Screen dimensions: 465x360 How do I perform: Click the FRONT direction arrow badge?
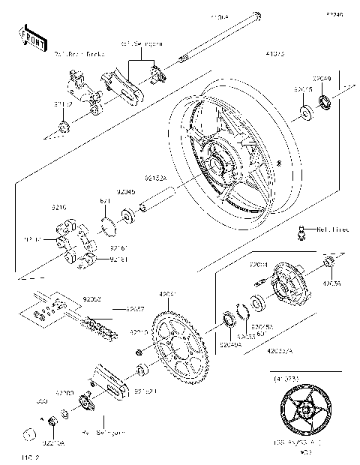pyautogui.click(x=28, y=34)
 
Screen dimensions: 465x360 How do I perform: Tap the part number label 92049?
pyautogui.click(x=322, y=78)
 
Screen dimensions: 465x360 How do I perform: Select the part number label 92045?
pyautogui.click(x=126, y=192)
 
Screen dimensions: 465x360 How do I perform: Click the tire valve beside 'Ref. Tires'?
pyautogui.click(x=302, y=235)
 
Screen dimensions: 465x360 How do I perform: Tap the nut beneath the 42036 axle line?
pyautogui.click(x=328, y=263)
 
